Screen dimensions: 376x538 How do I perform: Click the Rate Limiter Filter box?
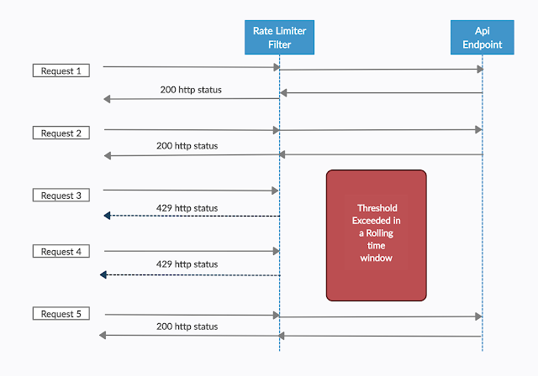(x=279, y=37)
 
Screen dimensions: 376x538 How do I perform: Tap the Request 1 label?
(x=61, y=70)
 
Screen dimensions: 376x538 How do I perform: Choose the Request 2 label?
(x=61, y=133)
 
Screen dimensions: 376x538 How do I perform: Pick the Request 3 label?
(x=61, y=196)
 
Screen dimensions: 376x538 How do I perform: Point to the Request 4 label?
(x=61, y=251)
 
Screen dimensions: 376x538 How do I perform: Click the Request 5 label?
(x=61, y=314)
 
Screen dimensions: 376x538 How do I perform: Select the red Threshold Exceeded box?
(x=376, y=235)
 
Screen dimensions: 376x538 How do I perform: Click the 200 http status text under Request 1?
(x=191, y=89)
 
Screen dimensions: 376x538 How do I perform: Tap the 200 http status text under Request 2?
(x=187, y=145)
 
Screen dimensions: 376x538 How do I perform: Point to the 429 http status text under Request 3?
(x=187, y=207)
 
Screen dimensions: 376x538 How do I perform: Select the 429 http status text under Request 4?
(x=187, y=264)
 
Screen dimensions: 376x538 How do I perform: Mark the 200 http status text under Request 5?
(x=187, y=326)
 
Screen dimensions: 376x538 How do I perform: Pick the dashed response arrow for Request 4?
(x=189, y=274)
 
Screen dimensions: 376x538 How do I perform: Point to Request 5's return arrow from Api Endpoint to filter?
(x=381, y=336)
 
